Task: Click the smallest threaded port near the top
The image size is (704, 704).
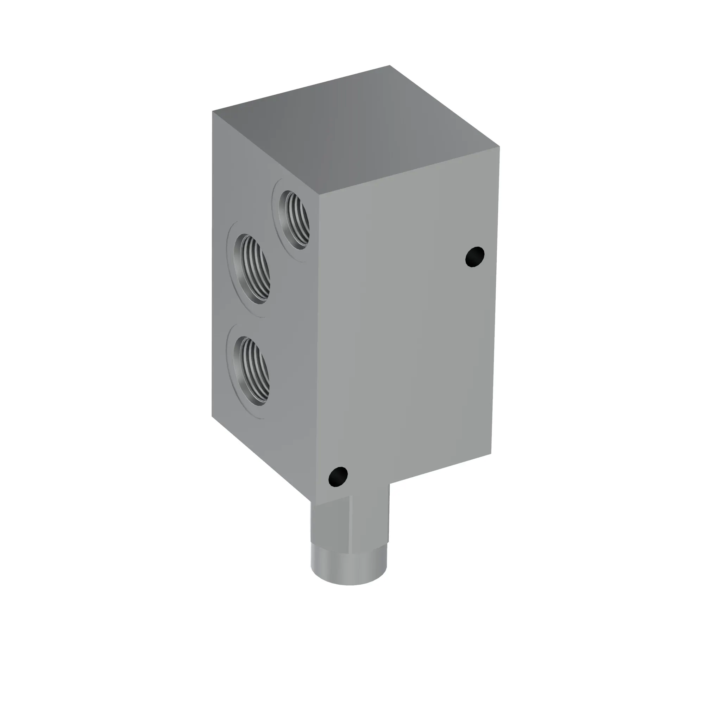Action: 294,220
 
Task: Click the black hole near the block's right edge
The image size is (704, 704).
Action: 475,257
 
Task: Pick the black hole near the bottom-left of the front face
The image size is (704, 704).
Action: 338,476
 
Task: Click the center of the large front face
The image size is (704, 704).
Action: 406,328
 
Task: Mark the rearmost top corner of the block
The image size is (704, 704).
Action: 390,65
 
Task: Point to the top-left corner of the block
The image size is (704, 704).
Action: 213,112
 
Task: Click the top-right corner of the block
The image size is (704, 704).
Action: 499,147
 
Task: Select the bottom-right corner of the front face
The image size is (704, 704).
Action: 491,454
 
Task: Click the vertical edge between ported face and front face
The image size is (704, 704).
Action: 318,328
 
